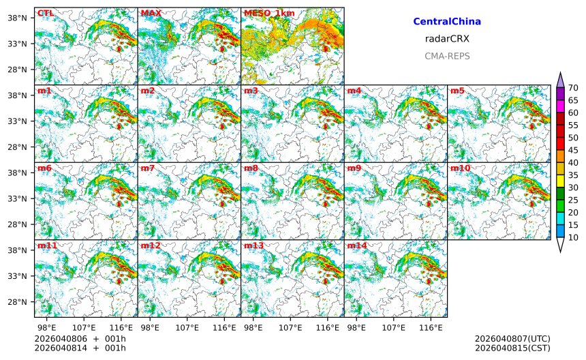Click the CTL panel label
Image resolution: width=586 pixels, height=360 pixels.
pos(45,13)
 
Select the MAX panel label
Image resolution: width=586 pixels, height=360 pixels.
pos(150,13)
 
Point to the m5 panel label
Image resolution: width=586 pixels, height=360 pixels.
pos(457,91)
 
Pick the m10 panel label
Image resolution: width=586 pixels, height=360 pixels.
pos(459,168)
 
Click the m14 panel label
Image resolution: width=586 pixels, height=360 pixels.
pos(356,245)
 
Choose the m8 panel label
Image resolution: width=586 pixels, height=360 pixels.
pos(251,168)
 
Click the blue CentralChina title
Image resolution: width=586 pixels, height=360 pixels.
pos(447,22)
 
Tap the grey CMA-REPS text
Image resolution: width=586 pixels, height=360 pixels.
pos(447,56)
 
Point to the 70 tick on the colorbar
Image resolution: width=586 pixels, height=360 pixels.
pos(573,87)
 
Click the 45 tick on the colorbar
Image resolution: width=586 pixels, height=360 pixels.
pos(573,150)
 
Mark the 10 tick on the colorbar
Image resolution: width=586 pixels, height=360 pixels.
pos(573,237)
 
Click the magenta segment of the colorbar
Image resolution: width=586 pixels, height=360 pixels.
pos(561,106)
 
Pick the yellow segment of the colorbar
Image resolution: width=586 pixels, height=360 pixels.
pos(561,181)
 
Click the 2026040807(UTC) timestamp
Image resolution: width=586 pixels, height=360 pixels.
pos(512,338)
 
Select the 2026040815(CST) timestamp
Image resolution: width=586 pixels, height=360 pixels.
pos(512,348)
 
